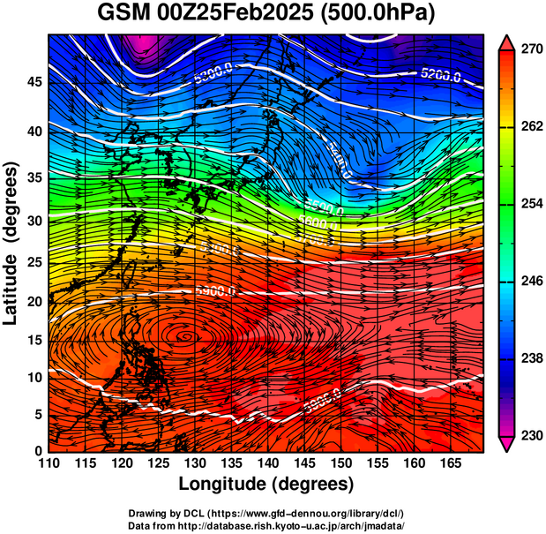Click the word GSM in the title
[126, 14]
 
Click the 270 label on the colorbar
[527, 49]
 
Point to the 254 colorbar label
[527, 204]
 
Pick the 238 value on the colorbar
[527, 358]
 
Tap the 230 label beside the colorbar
[527, 435]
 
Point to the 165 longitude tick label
[448, 463]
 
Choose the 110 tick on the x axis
[49, 463]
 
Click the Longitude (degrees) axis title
[266, 484]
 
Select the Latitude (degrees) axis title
[11, 243]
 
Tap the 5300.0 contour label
[212, 80]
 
